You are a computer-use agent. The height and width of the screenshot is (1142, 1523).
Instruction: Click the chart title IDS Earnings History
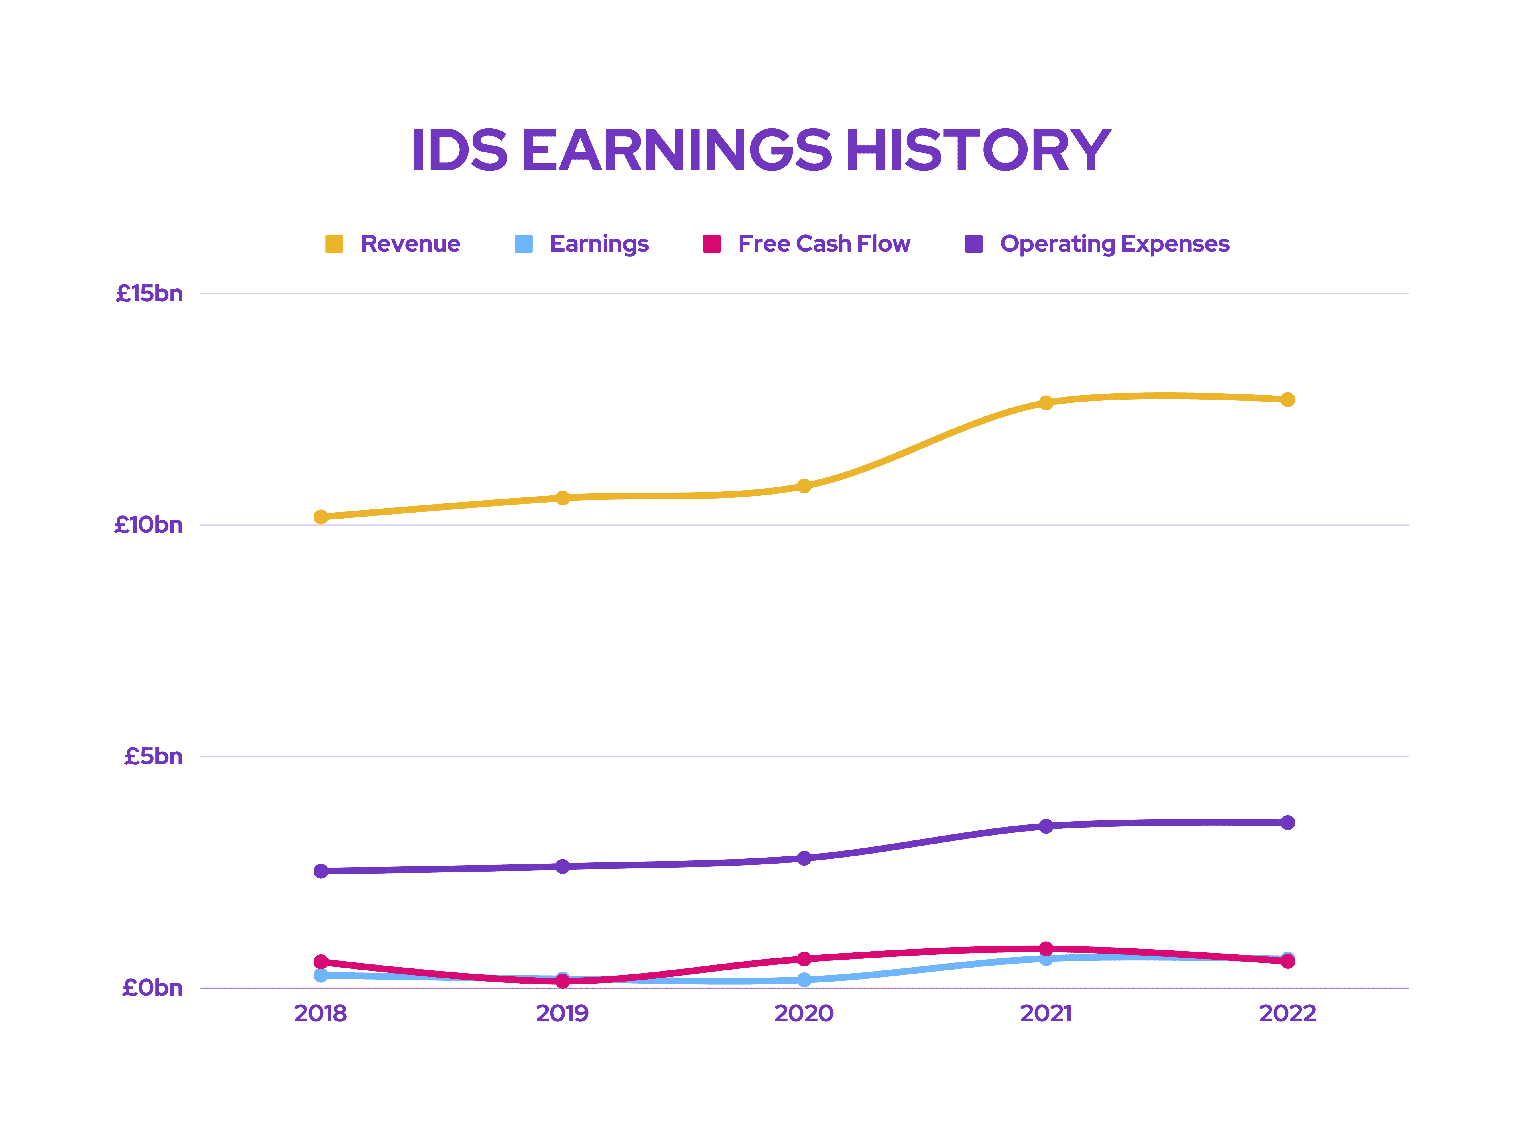[761, 150]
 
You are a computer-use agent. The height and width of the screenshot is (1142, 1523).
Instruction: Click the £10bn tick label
[149, 525]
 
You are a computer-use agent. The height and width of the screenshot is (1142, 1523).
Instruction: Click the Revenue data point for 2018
[321, 517]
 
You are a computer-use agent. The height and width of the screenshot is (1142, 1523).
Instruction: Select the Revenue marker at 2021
[1046, 403]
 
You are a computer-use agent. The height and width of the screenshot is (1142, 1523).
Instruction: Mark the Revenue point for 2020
[804, 486]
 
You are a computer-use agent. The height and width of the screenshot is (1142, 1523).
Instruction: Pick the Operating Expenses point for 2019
[563, 866]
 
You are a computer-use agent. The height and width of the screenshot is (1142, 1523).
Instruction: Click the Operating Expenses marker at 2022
[1287, 823]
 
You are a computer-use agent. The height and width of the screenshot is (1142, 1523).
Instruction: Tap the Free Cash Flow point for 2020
[804, 959]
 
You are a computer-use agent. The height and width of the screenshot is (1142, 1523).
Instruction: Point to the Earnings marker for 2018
[321, 976]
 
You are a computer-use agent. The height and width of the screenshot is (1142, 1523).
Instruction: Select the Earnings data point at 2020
[804, 980]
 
